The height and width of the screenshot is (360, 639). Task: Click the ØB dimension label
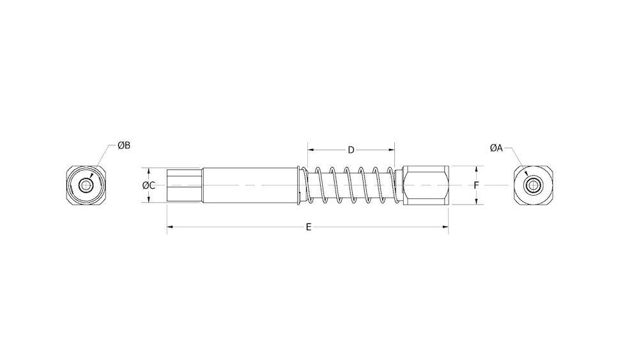(124, 146)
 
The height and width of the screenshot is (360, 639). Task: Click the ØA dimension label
(497, 148)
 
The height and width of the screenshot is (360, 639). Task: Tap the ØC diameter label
(148, 185)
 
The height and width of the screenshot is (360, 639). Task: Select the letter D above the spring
(351, 150)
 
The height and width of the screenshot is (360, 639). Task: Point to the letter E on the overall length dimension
(309, 227)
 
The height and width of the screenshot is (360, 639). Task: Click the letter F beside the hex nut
(477, 185)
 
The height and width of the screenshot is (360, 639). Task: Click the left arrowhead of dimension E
(169, 227)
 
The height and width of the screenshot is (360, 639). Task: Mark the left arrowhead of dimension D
(310, 150)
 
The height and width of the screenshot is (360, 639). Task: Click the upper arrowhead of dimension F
(477, 168)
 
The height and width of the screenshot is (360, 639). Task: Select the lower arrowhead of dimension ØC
(149, 201)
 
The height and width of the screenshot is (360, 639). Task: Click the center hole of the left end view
(85, 185)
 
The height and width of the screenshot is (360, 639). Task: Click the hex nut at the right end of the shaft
(426, 185)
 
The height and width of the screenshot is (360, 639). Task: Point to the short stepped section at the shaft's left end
(184, 185)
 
